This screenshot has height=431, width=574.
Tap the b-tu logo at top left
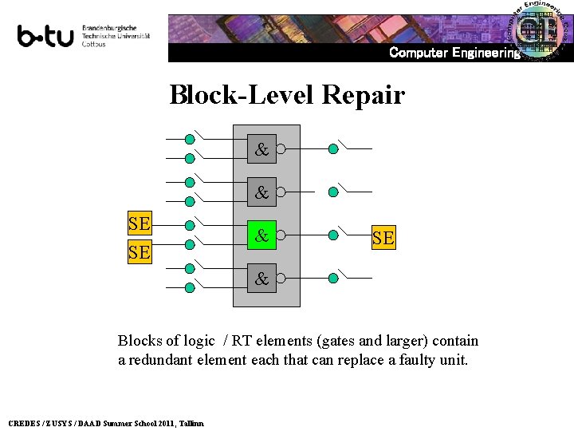(46, 37)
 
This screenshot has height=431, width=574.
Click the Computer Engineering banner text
(454, 53)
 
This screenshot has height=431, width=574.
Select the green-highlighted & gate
(261, 235)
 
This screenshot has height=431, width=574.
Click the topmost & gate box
(261, 148)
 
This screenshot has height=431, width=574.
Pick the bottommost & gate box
(261, 279)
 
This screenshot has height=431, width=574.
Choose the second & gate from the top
(261, 192)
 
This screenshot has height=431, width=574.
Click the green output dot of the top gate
(332, 148)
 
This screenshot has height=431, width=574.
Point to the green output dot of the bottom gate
(332, 279)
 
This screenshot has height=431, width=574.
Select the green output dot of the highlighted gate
(332, 235)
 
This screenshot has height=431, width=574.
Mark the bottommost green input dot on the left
(189, 288)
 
